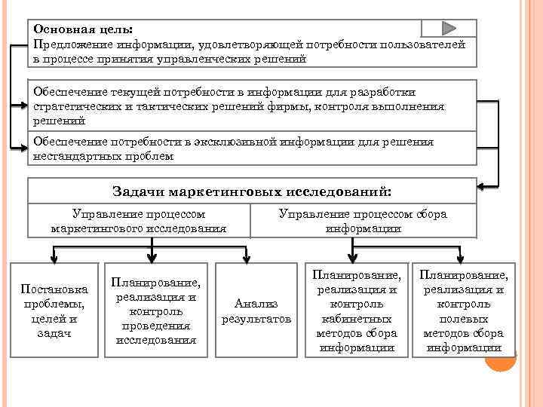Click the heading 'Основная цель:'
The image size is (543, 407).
click(82, 29)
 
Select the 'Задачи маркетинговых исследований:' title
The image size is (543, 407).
click(252, 191)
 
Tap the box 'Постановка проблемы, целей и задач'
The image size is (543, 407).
click(54, 311)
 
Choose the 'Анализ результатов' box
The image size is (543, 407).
click(256, 311)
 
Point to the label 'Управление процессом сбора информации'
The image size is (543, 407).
click(363, 221)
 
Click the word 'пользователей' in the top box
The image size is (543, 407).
click(422, 44)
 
